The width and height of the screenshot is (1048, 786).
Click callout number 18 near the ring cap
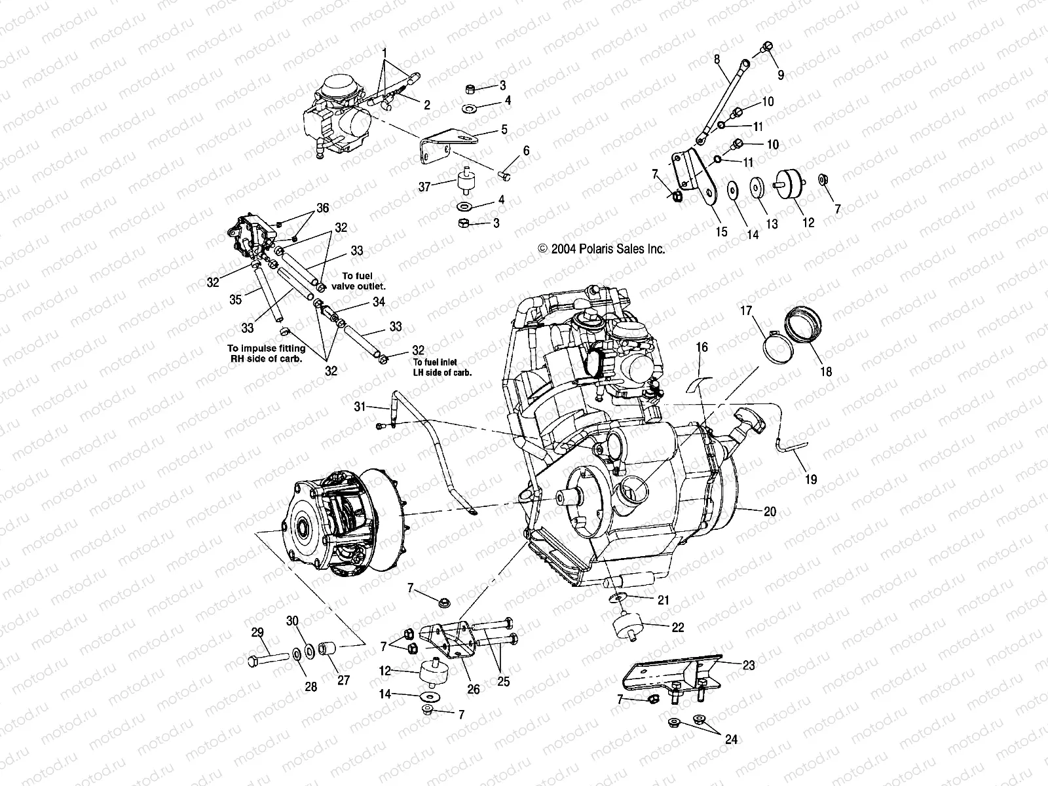coord(826,371)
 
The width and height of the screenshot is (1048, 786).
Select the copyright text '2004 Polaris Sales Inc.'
coord(601,249)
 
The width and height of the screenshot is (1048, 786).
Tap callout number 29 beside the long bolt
coord(257,633)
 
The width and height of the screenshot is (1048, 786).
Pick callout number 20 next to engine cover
coord(770,512)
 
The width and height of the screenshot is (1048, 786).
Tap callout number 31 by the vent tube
coord(360,407)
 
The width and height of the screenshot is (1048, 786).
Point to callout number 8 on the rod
coord(717,59)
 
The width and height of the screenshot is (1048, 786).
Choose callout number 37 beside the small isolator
coord(424,187)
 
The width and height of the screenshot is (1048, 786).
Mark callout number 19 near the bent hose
coord(811,479)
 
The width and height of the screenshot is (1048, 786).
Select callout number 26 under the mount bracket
coord(473,689)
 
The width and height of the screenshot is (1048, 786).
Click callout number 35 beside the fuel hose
coord(235,299)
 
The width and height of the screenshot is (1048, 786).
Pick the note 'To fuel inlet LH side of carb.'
coord(442,367)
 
